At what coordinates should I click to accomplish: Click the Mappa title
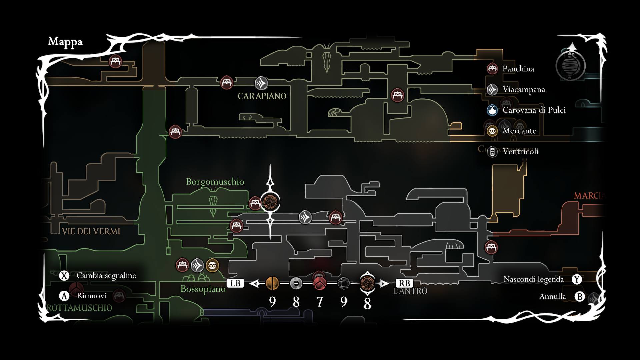65,42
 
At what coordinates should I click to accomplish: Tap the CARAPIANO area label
262,96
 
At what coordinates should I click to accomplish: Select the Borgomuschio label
215,182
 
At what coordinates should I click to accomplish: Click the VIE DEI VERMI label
91,231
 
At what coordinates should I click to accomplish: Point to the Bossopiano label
203,289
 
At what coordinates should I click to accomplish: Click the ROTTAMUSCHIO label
79,308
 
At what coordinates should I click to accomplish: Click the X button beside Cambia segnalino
64,276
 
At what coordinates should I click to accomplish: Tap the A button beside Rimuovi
64,296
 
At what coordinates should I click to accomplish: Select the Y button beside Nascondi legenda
577,279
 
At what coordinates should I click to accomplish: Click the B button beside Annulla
580,296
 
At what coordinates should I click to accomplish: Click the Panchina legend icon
492,69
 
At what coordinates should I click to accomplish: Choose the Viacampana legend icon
492,90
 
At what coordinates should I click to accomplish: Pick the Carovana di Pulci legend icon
492,110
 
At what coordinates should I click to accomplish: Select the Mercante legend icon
492,131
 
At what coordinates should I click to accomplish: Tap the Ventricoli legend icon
492,152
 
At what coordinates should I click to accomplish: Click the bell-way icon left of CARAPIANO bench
261,83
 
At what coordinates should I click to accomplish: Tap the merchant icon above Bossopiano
212,266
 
